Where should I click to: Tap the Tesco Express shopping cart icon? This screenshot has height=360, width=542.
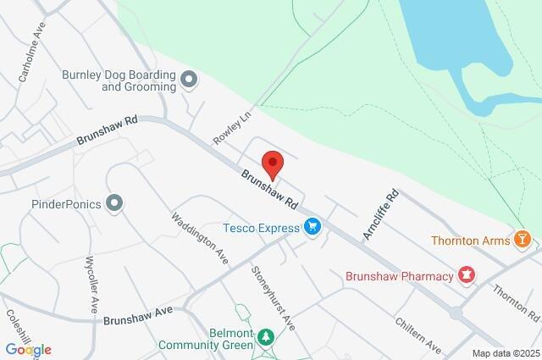[313, 227]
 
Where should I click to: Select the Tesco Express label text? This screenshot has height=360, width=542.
[261, 227]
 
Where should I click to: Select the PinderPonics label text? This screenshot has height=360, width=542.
[66, 203]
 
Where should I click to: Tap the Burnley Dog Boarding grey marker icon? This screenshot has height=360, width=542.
[189, 80]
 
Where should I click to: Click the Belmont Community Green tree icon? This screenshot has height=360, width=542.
[266, 338]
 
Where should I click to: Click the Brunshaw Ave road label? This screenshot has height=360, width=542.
[138, 316]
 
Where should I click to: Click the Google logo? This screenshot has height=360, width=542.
[28, 349]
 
